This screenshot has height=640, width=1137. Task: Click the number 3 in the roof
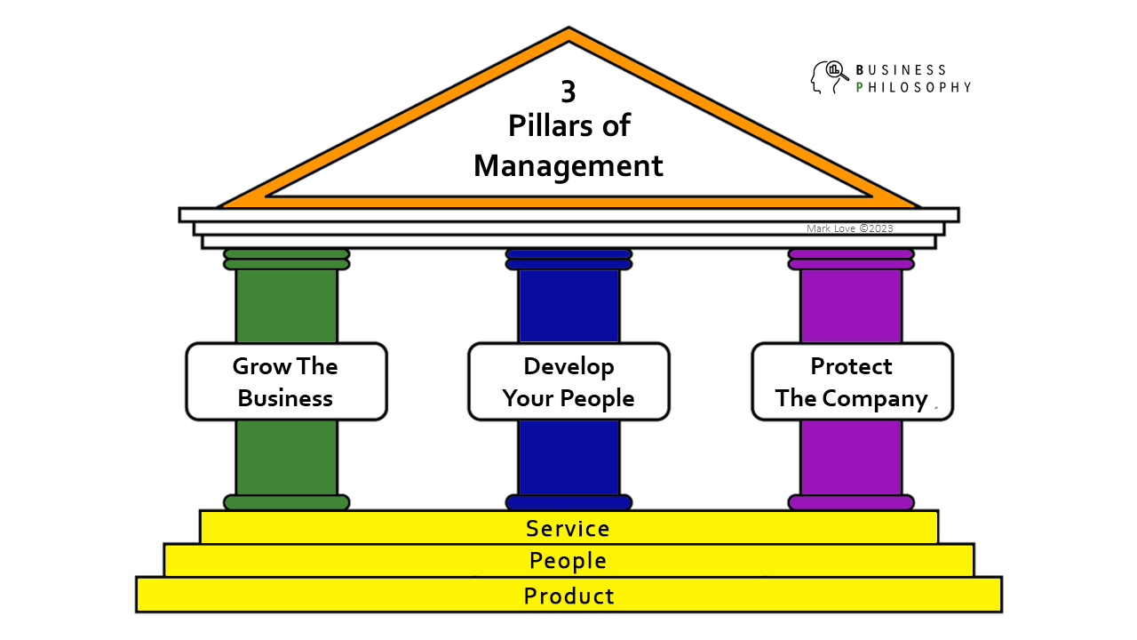[x=568, y=92]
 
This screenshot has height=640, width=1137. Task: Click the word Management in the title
[x=568, y=165]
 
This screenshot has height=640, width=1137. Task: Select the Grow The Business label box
[x=286, y=381]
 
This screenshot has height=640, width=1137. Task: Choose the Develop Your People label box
[x=568, y=381]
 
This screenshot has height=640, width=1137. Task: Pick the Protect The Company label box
[x=852, y=381]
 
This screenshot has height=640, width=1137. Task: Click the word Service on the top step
[x=568, y=528]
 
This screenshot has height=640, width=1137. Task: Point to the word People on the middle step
[x=568, y=561]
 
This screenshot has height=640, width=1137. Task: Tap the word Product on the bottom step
[x=568, y=596]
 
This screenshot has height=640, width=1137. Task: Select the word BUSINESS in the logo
[x=901, y=69]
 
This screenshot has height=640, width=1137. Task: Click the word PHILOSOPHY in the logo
[x=912, y=87]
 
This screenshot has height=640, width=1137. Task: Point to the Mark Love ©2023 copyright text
[x=849, y=228]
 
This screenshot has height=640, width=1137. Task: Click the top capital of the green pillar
[x=286, y=259]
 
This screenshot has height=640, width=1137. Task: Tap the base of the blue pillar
[x=568, y=502]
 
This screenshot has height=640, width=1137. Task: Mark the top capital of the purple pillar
[x=851, y=259]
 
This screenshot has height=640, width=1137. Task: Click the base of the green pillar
[x=286, y=502]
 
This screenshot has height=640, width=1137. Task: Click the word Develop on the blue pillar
[x=568, y=366]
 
